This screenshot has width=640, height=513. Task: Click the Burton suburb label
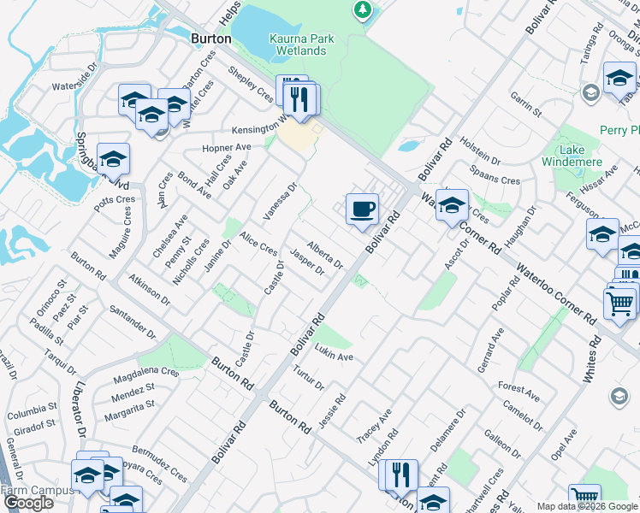point(211,38)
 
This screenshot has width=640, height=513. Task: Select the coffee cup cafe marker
point(362,209)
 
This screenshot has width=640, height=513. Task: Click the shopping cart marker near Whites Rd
point(619,303)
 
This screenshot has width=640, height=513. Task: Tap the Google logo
point(28,503)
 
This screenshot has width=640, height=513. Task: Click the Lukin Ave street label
point(334,355)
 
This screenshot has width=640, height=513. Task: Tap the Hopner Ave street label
point(226,147)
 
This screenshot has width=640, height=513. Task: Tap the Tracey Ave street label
point(374,425)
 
